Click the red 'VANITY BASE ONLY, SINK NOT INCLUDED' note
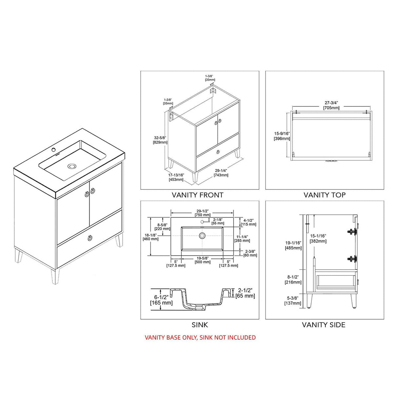[200, 337]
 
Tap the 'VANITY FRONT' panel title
[197, 195]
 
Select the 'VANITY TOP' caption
[324, 195]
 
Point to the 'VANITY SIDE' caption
[324, 325]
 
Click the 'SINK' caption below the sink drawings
[200, 325]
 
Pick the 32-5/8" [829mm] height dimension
[160, 140]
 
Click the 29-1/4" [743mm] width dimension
[222, 173]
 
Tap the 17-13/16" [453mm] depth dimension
[176, 177]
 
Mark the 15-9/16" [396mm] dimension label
[282, 136]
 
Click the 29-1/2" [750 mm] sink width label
[203, 213]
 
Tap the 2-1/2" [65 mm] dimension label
[245, 293]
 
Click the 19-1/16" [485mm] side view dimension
[293, 245]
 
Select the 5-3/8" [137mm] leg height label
[292, 301]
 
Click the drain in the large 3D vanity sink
[71, 166]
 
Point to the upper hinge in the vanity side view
[352, 231]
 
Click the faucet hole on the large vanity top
[53, 150]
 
